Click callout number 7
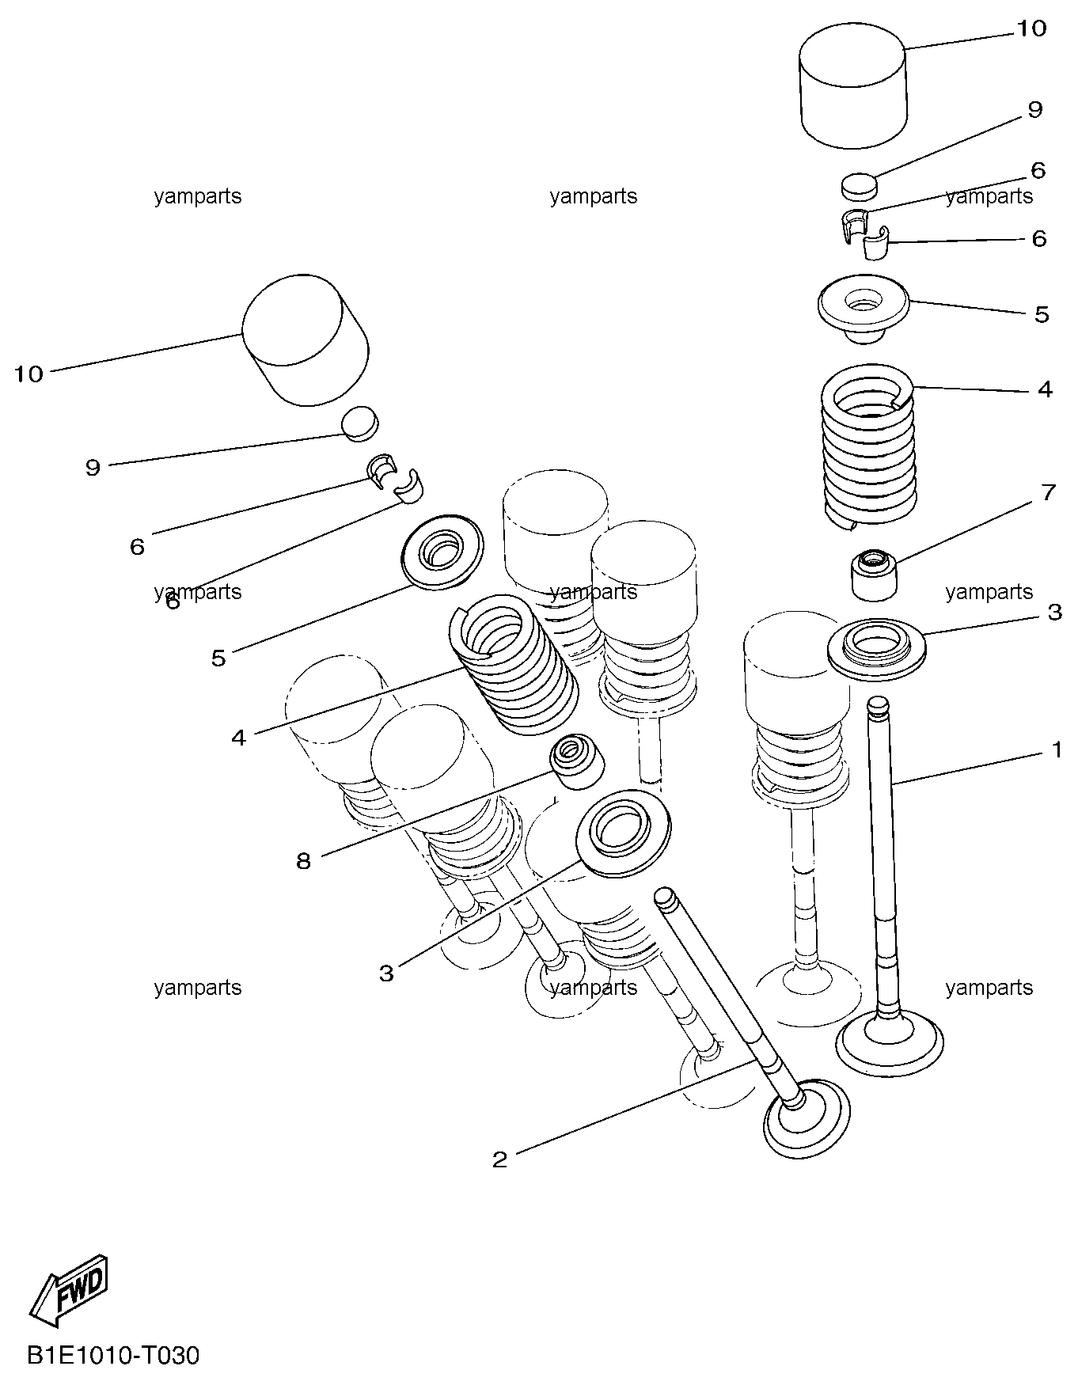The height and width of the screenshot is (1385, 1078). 1048,493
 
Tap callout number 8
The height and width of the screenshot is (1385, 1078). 304,861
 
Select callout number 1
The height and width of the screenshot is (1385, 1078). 1057,749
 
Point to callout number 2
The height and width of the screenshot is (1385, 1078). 499,1160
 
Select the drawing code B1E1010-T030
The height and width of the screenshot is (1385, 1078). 113,1357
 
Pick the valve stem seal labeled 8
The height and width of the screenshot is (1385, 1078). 578,761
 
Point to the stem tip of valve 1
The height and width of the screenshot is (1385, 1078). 879,703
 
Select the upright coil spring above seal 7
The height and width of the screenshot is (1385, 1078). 869,446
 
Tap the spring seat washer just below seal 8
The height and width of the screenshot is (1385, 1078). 624,832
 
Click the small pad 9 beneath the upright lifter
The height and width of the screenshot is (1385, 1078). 859,187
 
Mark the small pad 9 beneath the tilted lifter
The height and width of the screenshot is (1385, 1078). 360,423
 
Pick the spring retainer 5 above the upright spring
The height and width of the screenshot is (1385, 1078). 864,307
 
